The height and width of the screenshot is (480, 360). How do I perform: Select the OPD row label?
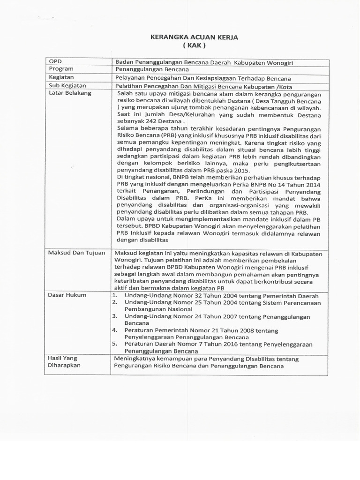(x=55, y=61)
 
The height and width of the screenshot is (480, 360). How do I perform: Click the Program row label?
(x=61, y=69)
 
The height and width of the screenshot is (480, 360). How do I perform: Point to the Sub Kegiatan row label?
(x=67, y=85)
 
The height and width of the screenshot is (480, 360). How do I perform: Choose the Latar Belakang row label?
(x=70, y=93)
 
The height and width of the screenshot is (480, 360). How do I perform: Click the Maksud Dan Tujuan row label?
(x=77, y=253)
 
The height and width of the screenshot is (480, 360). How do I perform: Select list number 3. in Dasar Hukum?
(x=114, y=316)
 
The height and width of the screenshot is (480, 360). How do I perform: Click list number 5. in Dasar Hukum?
(x=114, y=344)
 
